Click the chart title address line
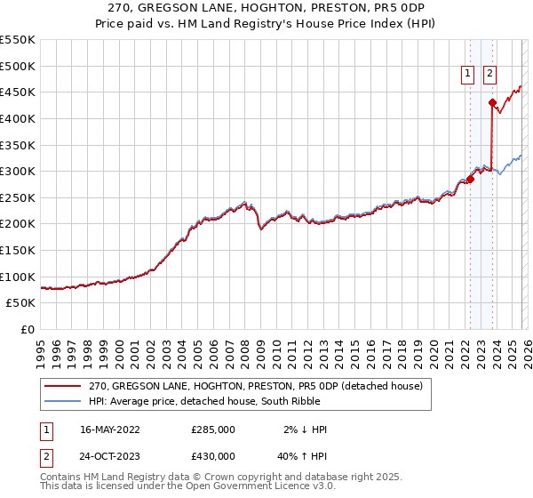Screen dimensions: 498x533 [266, 9]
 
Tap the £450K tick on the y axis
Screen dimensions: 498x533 [18, 92]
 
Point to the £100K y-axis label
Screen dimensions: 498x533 [18, 277]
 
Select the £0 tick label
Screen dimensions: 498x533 [28, 329]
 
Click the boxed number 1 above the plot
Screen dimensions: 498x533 [468, 75]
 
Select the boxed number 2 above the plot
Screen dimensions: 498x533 [489, 75]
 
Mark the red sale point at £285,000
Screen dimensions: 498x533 [471, 179]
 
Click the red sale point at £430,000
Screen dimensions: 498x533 [492, 102]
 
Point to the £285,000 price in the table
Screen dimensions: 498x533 [213, 430]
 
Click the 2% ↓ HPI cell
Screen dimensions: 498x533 [305, 430]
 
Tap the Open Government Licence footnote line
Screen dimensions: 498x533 [188, 486]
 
